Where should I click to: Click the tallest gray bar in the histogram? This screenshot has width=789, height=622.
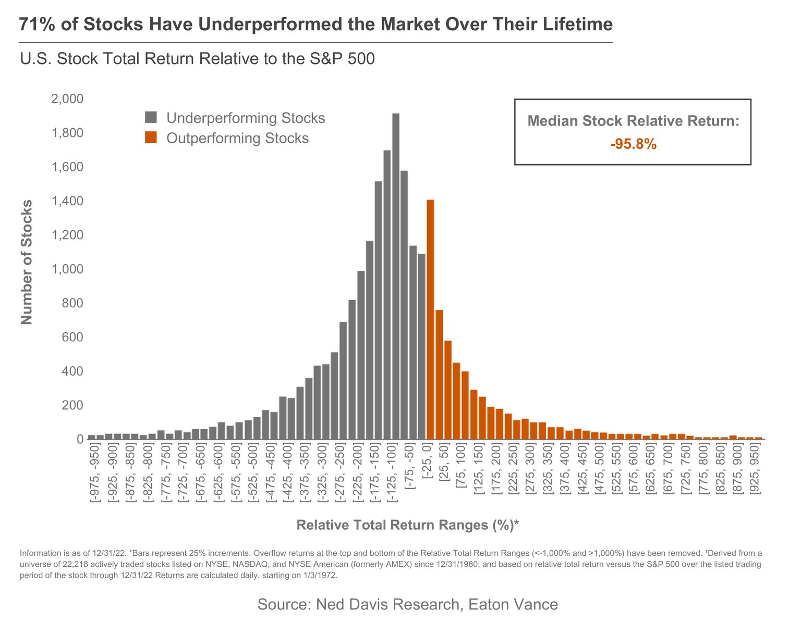pyautogui.click(x=395, y=276)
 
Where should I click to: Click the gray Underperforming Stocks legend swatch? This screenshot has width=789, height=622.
pyautogui.click(x=151, y=118)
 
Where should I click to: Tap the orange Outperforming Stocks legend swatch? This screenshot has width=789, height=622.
pyautogui.click(x=151, y=138)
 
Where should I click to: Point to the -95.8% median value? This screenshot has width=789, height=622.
pyautogui.click(x=633, y=144)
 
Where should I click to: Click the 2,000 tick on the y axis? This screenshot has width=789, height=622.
pyautogui.click(x=67, y=99)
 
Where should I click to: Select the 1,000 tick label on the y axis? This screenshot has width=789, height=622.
pyautogui.click(x=67, y=269)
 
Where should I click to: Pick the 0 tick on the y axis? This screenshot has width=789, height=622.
pyautogui.click(x=80, y=440)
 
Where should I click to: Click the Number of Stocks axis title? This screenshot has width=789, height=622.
pyautogui.click(x=27, y=262)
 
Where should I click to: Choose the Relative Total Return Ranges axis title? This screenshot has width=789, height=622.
pyautogui.click(x=407, y=525)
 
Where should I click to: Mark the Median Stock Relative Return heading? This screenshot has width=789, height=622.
pyautogui.click(x=633, y=121)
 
